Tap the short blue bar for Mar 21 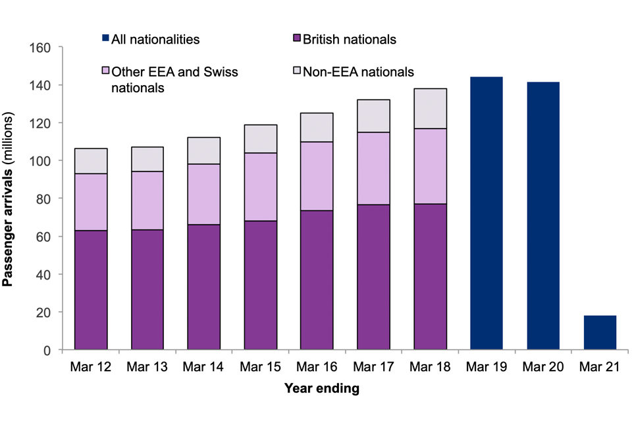600,332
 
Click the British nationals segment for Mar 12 91,289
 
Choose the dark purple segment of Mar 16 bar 317,280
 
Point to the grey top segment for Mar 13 147,159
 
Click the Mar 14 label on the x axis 204,366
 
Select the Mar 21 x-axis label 600,366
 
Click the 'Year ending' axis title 322,388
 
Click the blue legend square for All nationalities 105,40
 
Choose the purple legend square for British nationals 296,40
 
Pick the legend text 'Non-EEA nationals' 358,72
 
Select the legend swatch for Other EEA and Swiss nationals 105,72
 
